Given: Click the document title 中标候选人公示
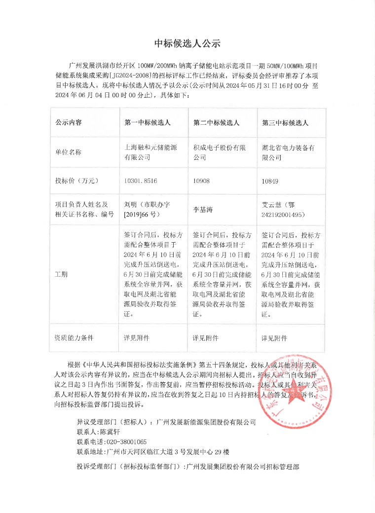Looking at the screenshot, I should [187, 43].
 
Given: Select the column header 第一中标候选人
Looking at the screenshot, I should [147, 123].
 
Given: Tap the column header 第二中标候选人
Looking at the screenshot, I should [216, 123].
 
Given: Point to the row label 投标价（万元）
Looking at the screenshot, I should [75, 181].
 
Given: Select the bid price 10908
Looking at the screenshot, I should [201, 181].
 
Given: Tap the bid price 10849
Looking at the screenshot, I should [270, 181].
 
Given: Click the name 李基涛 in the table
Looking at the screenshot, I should [203, 210].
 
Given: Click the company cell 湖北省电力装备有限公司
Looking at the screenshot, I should [289, 152].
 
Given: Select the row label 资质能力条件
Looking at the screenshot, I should [74, 338].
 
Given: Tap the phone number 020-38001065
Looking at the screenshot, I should [126, 442].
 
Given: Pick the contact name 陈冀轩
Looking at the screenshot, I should [111, 432].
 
